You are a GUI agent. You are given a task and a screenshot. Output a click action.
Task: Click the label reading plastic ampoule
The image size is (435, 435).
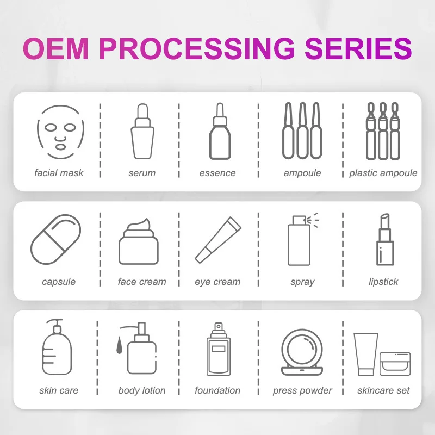tap(383, 173)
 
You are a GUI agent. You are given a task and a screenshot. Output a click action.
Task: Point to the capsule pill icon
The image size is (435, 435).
tap(55, 239)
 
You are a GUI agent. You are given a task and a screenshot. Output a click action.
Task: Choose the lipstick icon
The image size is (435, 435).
tap(384, 239)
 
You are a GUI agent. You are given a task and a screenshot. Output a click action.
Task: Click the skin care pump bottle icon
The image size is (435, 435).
tap(58, 347)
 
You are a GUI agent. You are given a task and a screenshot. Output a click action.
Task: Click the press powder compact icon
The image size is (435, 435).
tap(302, 351)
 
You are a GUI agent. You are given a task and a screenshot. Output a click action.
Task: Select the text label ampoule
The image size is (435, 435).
tap(302, 173)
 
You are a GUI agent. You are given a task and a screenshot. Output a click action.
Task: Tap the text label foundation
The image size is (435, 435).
tap(217, 390)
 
